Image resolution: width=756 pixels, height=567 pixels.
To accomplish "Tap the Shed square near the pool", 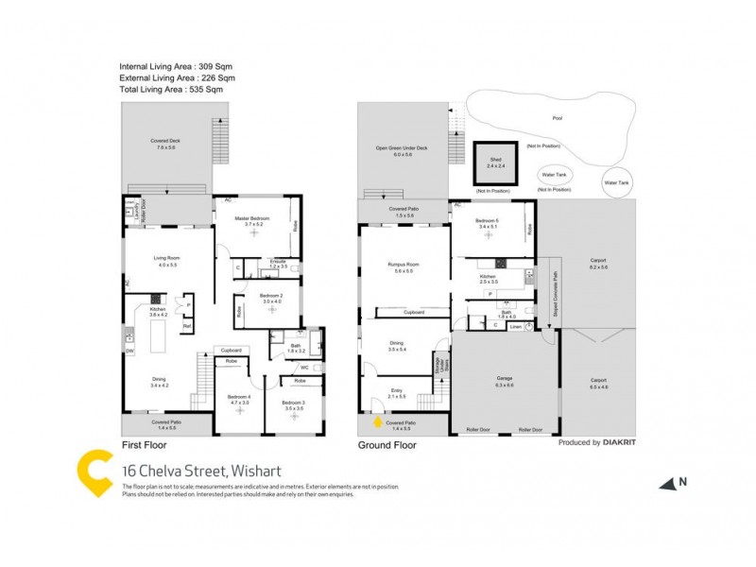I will click(x=495, y=165).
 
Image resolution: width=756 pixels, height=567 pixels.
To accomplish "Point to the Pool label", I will click(x=557, y=118).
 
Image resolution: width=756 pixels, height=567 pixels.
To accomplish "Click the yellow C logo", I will click(x=95, y=470).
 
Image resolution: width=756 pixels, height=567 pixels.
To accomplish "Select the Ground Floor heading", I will click(x=387, y=444).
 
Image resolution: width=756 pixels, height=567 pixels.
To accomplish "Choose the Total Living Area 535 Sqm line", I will click(x=171, y=90).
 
